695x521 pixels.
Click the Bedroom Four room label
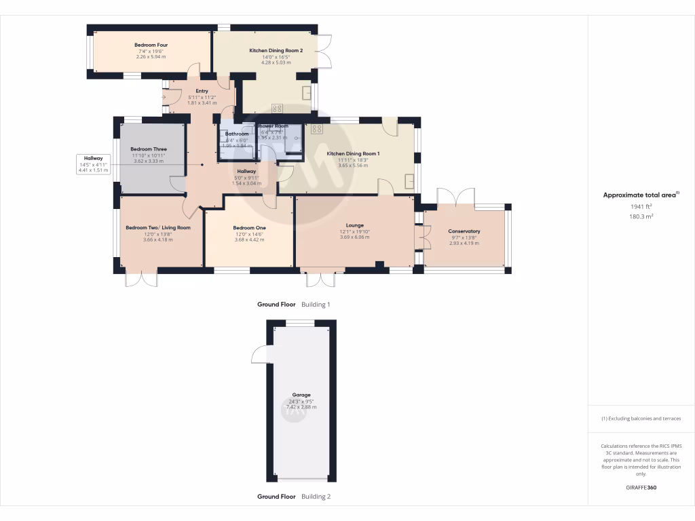click(151, 45)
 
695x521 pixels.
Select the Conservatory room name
click(464, 231)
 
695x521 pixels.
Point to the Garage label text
click(301, 395)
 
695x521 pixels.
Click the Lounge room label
click(354, 225)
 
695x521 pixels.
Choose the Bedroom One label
click(248, 228)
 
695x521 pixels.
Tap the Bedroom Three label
click(149, 149)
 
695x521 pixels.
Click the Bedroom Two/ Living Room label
click(158, 228)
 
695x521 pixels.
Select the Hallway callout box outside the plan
click(94, 164)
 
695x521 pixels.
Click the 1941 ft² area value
click(641, 206)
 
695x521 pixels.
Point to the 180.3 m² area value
click(641, 216)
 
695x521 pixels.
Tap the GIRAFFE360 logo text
click(641, 488)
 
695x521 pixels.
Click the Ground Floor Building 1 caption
click(293, 305)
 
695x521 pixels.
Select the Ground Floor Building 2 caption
click(293, 497)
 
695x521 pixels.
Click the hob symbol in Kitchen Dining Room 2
click(277, 108)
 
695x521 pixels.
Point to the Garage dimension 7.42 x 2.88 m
click(301, 407)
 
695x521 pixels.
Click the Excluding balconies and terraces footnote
click(641, 419)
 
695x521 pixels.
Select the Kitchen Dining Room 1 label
click(353, 154)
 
